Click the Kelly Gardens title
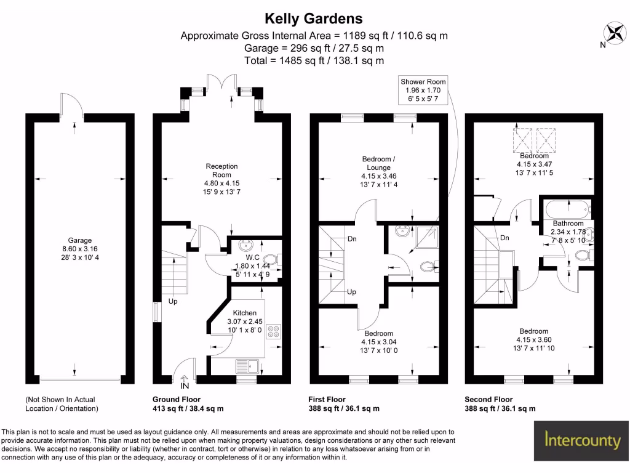pyautogui.click(x=313, y=19)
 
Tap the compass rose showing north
pyautogui.click(x=613, y=33)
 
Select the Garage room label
pyautogui.click(x=80, y=240)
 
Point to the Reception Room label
pyautogui.click(x=221, y=171)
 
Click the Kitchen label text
pyautogui.click(x=244, y=313)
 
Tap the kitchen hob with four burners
pyautogui.click(x=273, y=332)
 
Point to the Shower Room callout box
pyautogui.click(x=423, y=90)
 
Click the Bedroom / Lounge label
pyautogui.click(x=378, y=163)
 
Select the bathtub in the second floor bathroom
pyautogui.click(x=566, y=209)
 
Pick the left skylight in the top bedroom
pyautogui.click(x=524, y=140)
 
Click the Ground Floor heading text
pyautogui.click(x=176, y=400)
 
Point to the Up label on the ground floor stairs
pyautogui.click(x=173, y=302)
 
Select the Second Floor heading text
pyautogui.click(x=488, y=400)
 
